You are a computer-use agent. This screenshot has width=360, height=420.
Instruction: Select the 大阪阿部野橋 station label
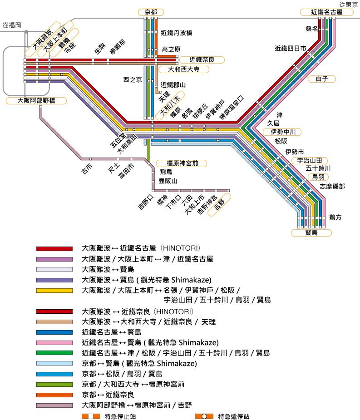(x=36, y=101)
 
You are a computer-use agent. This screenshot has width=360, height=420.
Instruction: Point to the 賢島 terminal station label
(x=311, y=232)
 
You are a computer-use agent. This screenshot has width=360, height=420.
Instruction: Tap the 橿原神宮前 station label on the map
(x=180, y=163)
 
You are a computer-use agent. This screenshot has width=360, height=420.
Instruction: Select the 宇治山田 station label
(x=309, y=160)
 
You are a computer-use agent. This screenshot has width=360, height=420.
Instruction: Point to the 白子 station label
(x=322, y=79)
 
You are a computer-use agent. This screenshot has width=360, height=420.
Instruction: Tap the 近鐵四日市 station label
(x=291, y=48)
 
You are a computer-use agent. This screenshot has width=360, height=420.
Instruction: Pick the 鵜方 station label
(x=335, y=217)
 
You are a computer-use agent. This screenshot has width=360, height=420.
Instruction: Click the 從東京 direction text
(x=348, y=5)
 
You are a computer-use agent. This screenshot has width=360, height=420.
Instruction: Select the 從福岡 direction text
(x=12, y=25)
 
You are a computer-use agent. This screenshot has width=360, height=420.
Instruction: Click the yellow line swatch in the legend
(x=54, y=291)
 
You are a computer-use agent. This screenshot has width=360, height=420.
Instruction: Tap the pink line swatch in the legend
(x=54, y=343)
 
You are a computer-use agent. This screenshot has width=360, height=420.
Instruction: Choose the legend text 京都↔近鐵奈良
(x=108, y=395)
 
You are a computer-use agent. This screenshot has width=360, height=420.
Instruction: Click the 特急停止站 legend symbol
(x=90, y=416)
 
